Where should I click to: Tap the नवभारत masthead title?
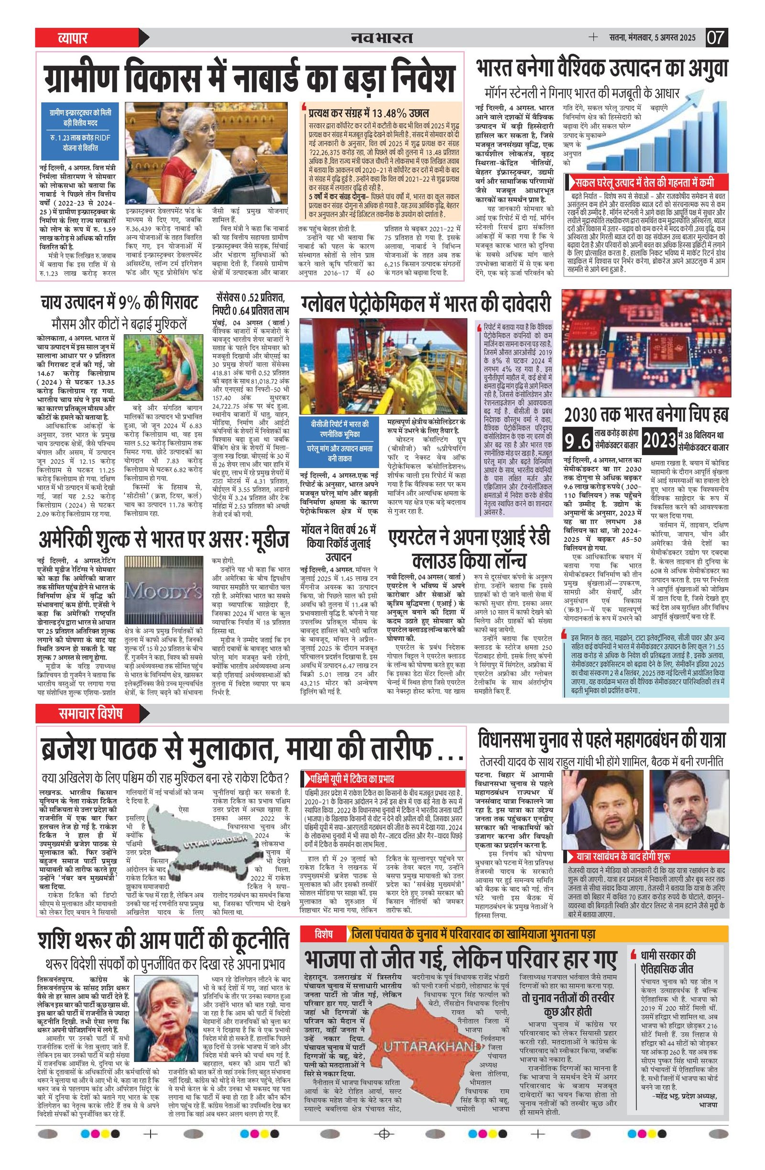tap(382, 38)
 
